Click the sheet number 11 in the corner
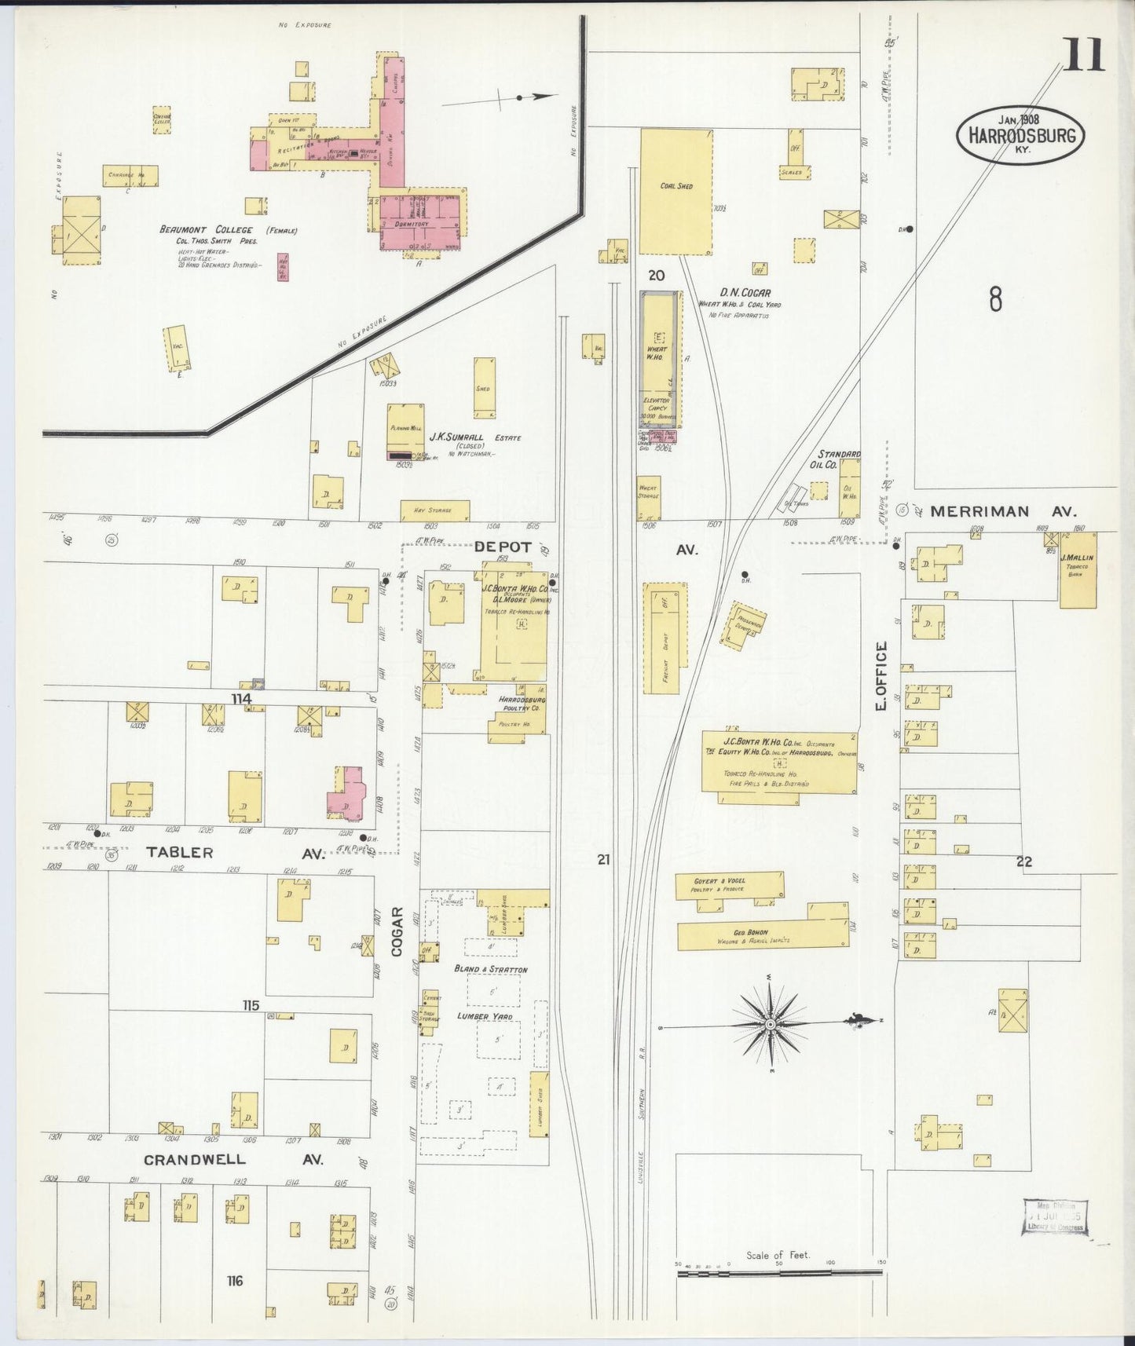(x=1085, y=54)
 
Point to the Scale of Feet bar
(x=779, y=1271)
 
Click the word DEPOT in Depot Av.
(x=503, y=547)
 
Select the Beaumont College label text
(x=206, y=230)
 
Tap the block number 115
(x=251, y=1005)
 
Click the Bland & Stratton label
(x=491, y=970)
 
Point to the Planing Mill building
(x=406, y=428)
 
